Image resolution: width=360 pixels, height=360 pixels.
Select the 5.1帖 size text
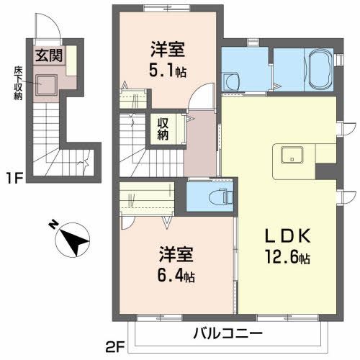[x=168, y=71]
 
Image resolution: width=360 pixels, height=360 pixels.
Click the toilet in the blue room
[x=218, y=194]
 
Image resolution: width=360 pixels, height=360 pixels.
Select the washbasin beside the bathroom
[x=233, y=82]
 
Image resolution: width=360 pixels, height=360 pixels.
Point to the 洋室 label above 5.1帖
[x=168, y=50]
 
